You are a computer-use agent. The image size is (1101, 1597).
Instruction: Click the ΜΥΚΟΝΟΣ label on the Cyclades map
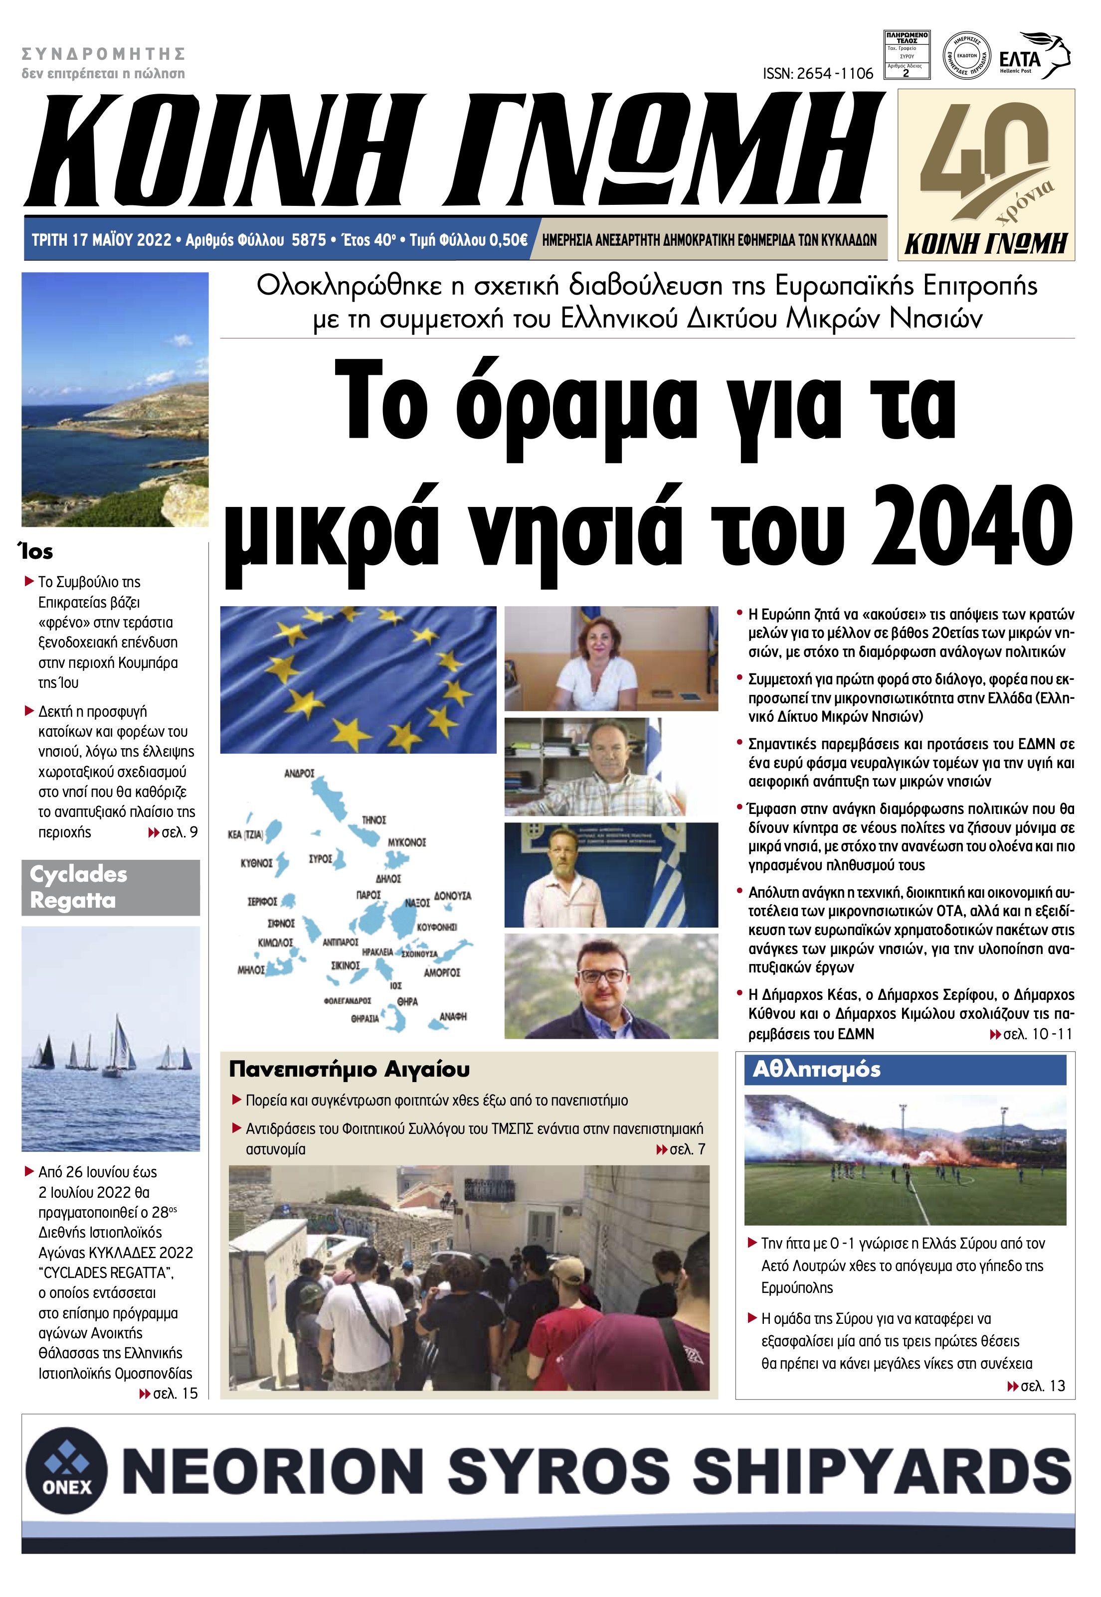point(407,843)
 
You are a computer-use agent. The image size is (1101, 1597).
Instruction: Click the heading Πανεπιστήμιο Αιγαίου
point(349,1070)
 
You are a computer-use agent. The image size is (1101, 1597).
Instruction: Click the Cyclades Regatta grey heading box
point(110,887)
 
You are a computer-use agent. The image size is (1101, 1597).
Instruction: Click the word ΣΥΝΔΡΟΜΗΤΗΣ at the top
point(104,54)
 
